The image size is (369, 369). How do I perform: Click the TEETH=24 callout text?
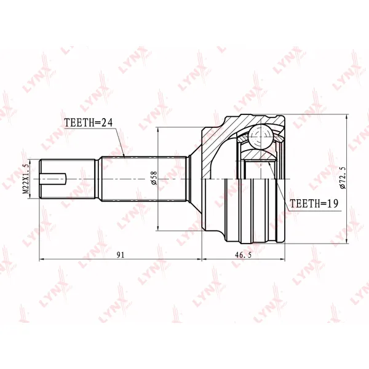[x=89, y=122]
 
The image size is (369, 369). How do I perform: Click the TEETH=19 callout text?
[x=314, y=204]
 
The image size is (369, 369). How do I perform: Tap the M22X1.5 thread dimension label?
[x=26, y=179]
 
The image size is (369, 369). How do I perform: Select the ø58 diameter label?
[x=154, y=178]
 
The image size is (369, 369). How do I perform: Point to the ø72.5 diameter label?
[x=343, y=178]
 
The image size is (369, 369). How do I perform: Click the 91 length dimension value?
[x=121, y=255]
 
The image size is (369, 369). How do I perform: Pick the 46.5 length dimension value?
[x=244, y=255]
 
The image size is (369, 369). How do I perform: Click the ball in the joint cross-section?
[x=261, y=137]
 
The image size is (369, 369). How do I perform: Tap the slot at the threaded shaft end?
[x=53, y=179]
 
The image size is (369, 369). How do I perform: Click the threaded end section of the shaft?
[x=68, y=179]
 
